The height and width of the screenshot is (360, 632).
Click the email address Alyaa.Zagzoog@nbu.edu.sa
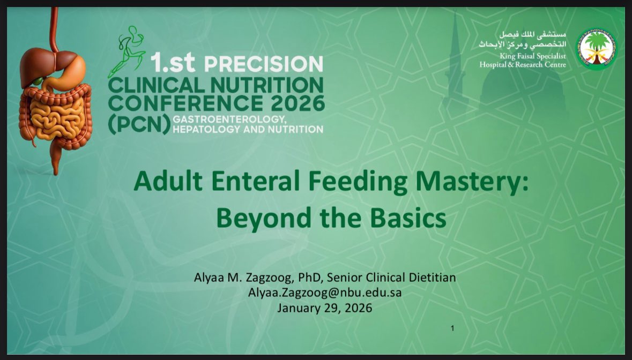click(324, 292)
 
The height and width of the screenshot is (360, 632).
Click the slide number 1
click(452, 328)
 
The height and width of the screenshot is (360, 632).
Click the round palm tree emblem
click(596, 49)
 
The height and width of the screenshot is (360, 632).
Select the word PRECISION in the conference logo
click(263, 64)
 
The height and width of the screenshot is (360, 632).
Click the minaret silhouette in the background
click(455, 59)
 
